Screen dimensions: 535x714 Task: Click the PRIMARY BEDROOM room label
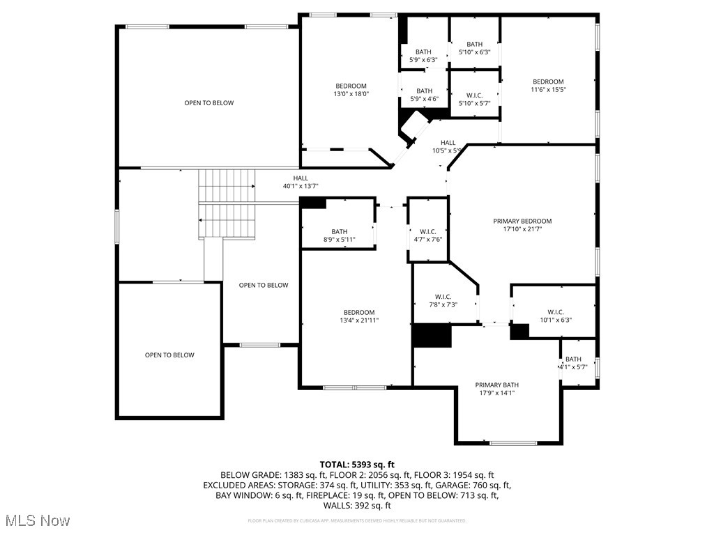pos(527,221)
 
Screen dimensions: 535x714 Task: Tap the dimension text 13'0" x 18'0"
pos(351,94)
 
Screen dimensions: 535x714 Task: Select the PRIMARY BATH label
pos(496,385)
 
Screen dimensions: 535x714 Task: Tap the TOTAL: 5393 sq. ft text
pos(357,464)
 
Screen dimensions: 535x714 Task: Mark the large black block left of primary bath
pos(432,335)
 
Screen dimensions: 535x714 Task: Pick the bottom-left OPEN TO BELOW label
pos(169,355)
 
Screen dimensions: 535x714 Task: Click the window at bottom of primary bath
pos(513,442)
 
